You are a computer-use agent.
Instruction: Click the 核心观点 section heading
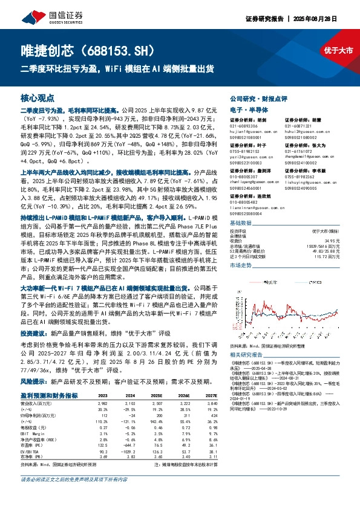click(x=38, y=98)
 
